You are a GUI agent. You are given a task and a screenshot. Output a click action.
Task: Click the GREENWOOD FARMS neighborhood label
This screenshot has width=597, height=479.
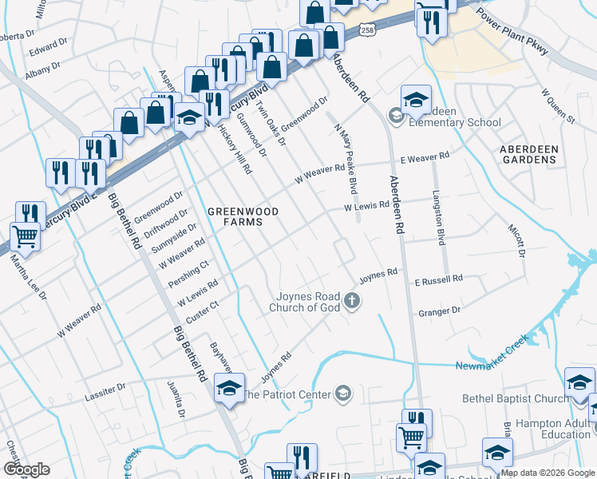point(237,217)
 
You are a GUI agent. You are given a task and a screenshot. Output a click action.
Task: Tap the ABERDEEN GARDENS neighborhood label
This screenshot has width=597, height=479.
point(528,154)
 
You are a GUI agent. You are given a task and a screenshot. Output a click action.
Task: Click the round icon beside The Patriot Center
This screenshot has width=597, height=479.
point(342,393)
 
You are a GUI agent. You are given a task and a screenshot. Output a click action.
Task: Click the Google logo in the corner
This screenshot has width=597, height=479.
point(26,469)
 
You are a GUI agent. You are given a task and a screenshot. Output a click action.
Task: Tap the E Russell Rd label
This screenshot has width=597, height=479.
point(438,279)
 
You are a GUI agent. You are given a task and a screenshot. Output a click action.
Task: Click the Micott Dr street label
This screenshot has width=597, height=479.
point(515,239)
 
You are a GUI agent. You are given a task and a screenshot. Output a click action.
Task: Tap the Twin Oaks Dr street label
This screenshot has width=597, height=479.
point(271,122)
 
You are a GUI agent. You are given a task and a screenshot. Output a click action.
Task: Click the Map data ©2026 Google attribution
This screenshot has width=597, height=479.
point(548,473)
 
